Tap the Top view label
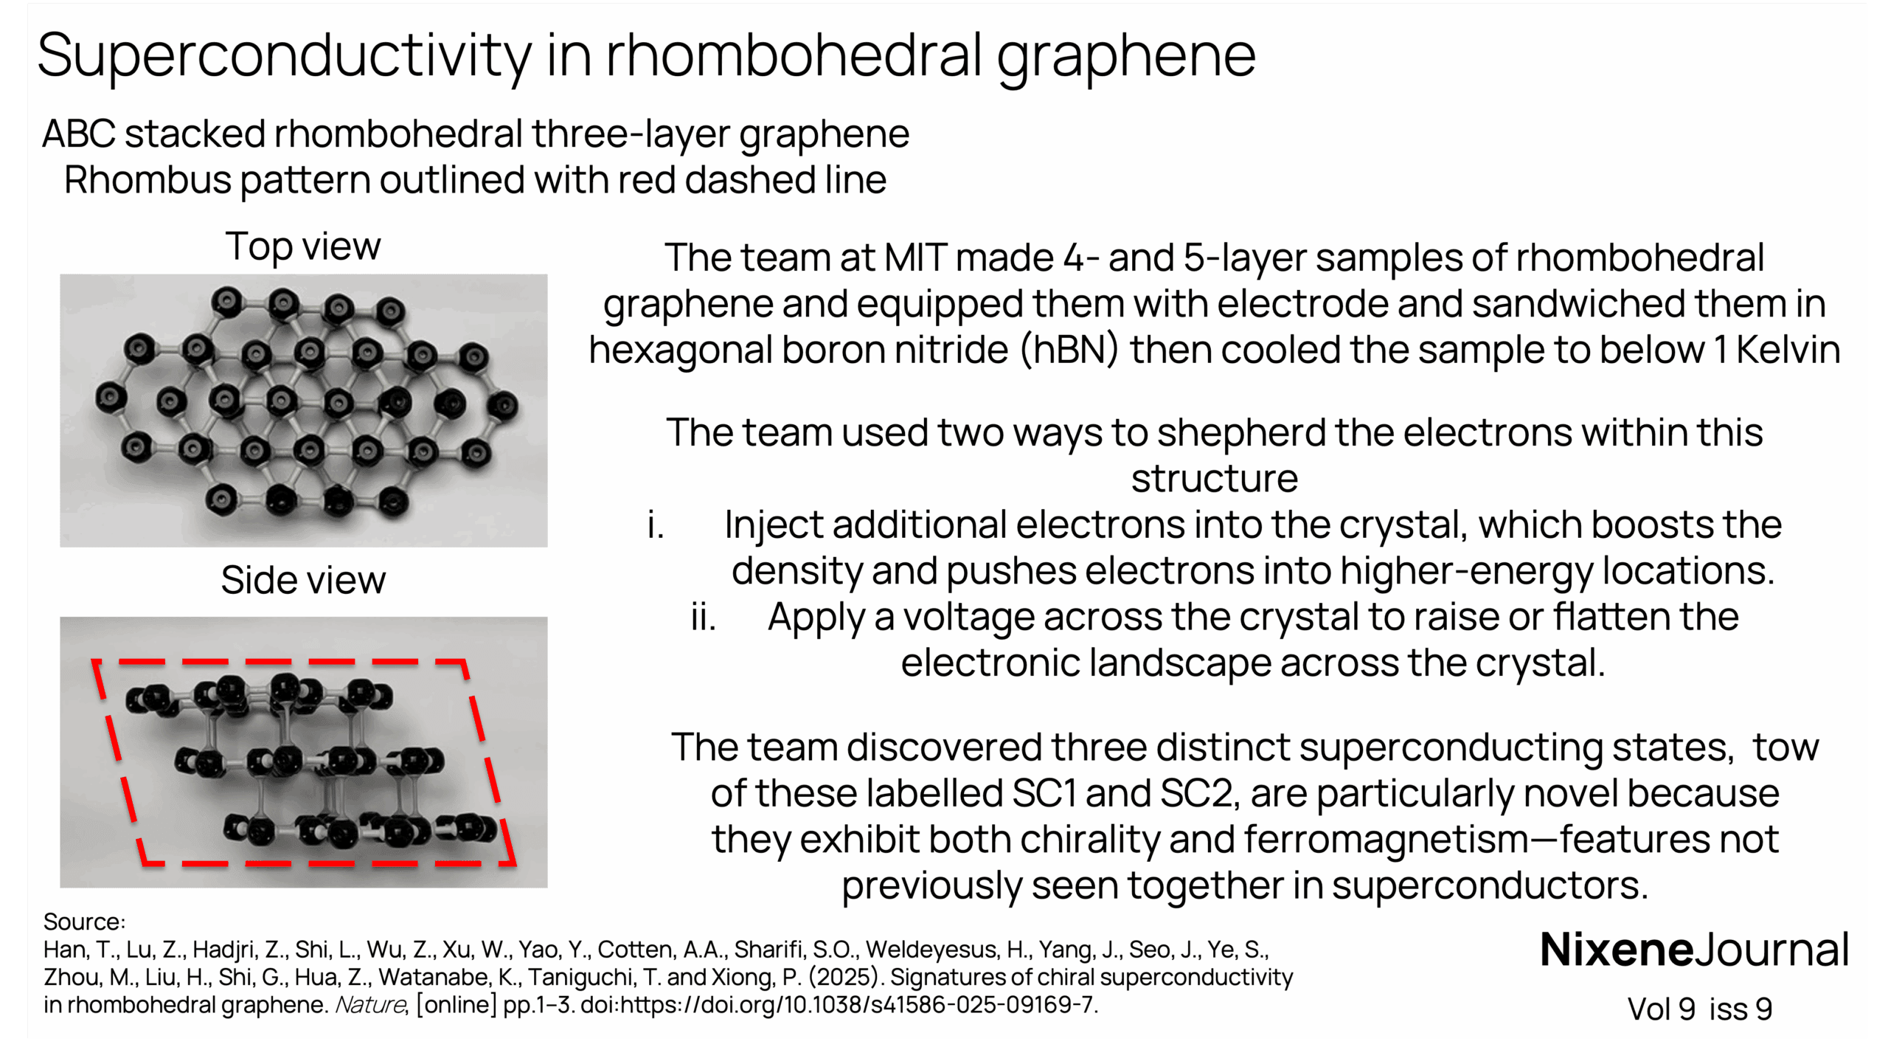[x=303, y=246]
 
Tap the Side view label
[x=303, y=580]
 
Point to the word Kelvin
[x=1788, y=350]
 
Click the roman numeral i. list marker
[x=656, y=525]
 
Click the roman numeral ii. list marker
[x=703, y=618]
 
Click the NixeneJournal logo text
[x=1694, y=950]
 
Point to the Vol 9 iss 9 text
[x=1699, y=1009]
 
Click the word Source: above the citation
[x=84, y=922]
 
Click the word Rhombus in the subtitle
[x=147, y=181]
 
